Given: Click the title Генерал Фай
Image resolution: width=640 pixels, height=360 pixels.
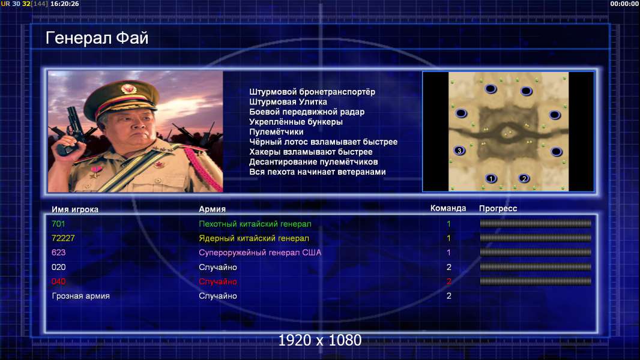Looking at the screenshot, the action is point(97,38).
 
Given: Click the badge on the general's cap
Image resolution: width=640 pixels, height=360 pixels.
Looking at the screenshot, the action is point(128,88).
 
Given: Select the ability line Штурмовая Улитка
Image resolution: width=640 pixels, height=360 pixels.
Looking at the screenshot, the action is point(288,102).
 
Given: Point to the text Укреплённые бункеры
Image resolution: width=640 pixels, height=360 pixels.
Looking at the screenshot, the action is point(296,122).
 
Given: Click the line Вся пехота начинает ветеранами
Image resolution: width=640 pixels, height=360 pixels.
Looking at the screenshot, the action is point(318,172).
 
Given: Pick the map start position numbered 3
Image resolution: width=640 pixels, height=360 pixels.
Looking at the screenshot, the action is point(459,151).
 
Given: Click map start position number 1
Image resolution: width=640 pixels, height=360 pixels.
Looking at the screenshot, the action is point(491,178).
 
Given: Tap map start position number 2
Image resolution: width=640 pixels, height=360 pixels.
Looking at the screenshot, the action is point(524,178).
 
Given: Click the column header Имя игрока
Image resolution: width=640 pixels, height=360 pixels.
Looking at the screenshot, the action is point(75,209).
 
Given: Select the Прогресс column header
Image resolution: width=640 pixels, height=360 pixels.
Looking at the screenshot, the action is point(498,208).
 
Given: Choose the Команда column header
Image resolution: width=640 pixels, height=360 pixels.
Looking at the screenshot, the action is point(448,208).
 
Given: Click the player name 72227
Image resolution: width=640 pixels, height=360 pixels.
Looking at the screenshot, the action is point(63,238).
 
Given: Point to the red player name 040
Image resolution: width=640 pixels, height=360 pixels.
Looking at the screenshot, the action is point(58,281).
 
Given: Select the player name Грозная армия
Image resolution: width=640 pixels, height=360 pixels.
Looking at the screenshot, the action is point(81,296).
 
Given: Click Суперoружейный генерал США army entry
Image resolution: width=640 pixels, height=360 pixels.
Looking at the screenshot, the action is point(260,253).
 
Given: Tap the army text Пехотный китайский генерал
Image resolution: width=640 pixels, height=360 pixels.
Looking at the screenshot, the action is point(255,224).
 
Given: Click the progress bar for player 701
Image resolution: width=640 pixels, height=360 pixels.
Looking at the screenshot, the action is point(536,223).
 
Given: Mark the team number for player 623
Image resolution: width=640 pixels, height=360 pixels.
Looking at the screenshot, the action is point(448,253).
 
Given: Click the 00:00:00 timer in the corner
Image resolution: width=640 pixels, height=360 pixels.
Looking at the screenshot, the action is point(624,4).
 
